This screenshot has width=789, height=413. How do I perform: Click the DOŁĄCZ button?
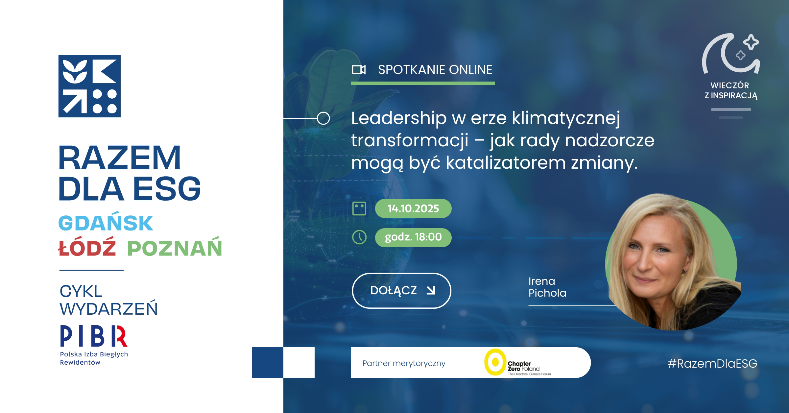click(401, 291)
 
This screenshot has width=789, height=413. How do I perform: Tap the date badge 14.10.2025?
click(413, 208)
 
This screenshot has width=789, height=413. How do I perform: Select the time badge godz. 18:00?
click(413, 237)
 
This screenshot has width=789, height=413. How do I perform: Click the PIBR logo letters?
click(94, 336)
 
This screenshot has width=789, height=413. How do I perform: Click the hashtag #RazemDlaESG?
click(712, 363)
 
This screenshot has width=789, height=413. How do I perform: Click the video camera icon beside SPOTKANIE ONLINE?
click(359, 70)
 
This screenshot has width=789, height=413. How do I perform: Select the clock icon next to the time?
click(359, 237)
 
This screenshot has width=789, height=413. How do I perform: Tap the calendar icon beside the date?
click(359, 208)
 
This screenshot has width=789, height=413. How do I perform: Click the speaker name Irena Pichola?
click(547, 287)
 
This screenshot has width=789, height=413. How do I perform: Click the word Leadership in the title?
click(399, 118)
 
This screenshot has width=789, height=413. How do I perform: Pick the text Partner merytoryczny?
click(404, 363)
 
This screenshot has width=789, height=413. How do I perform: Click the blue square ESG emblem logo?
click(89, 86)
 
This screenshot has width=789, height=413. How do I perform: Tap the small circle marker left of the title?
click(323, 118)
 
